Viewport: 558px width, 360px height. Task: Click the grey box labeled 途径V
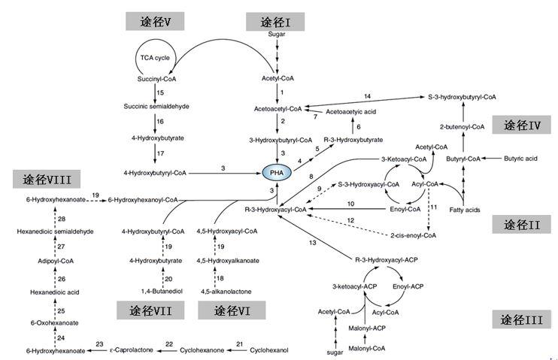click(x=162, y=21)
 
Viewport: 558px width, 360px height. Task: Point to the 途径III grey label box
click(x=522, y=319)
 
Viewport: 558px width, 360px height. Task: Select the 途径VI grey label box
click(x=229, y=310)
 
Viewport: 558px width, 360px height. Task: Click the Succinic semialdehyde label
click(x=156, y=106)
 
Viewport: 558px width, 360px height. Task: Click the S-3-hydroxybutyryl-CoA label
click(x=462, y=97)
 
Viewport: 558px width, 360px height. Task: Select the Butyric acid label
click(x=519, y=159)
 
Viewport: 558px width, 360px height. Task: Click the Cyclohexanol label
click(x=268, y=350)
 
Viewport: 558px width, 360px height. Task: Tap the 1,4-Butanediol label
click(x=161, y=290)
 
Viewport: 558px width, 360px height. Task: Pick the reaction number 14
click(x=367, y=97)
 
